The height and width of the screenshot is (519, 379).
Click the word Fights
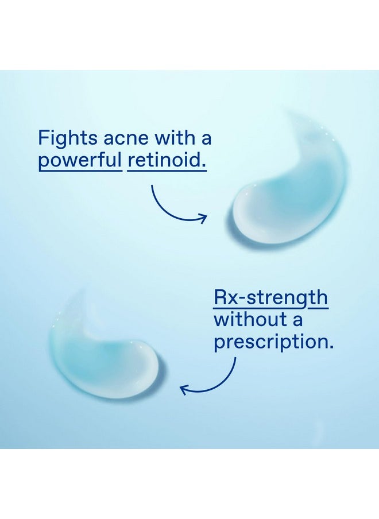point(68,138)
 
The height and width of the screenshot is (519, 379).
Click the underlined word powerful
point(80,160)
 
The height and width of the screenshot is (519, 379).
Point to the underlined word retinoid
point(167,160)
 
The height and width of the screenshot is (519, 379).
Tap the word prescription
point(273,342)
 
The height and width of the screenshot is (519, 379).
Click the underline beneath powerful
point(80,171)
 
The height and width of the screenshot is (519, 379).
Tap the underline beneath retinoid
point(167,171)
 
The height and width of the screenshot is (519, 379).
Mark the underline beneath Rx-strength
point(271,308)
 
